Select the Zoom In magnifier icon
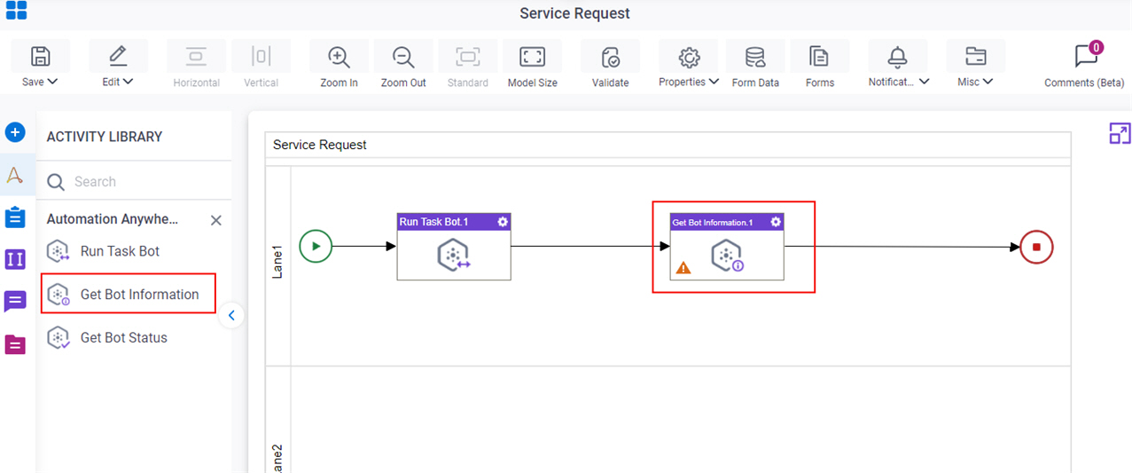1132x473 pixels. (339, 57)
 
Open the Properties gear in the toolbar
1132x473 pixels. (690, 58)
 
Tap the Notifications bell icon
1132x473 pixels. (897, 57)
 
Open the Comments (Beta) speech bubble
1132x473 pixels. (1086, 56)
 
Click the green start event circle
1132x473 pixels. (316, 247)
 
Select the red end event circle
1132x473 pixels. (1036, 247)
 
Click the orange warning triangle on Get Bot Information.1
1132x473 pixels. (683, 268)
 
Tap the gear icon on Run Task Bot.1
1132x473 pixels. (503, 222)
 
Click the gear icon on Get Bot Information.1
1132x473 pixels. (776, 222)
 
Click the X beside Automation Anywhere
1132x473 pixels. (215, 220)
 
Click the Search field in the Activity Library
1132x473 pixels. (134, 182)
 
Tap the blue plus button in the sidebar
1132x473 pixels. (15, 132)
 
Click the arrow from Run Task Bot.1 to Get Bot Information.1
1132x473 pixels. (590, 247)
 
